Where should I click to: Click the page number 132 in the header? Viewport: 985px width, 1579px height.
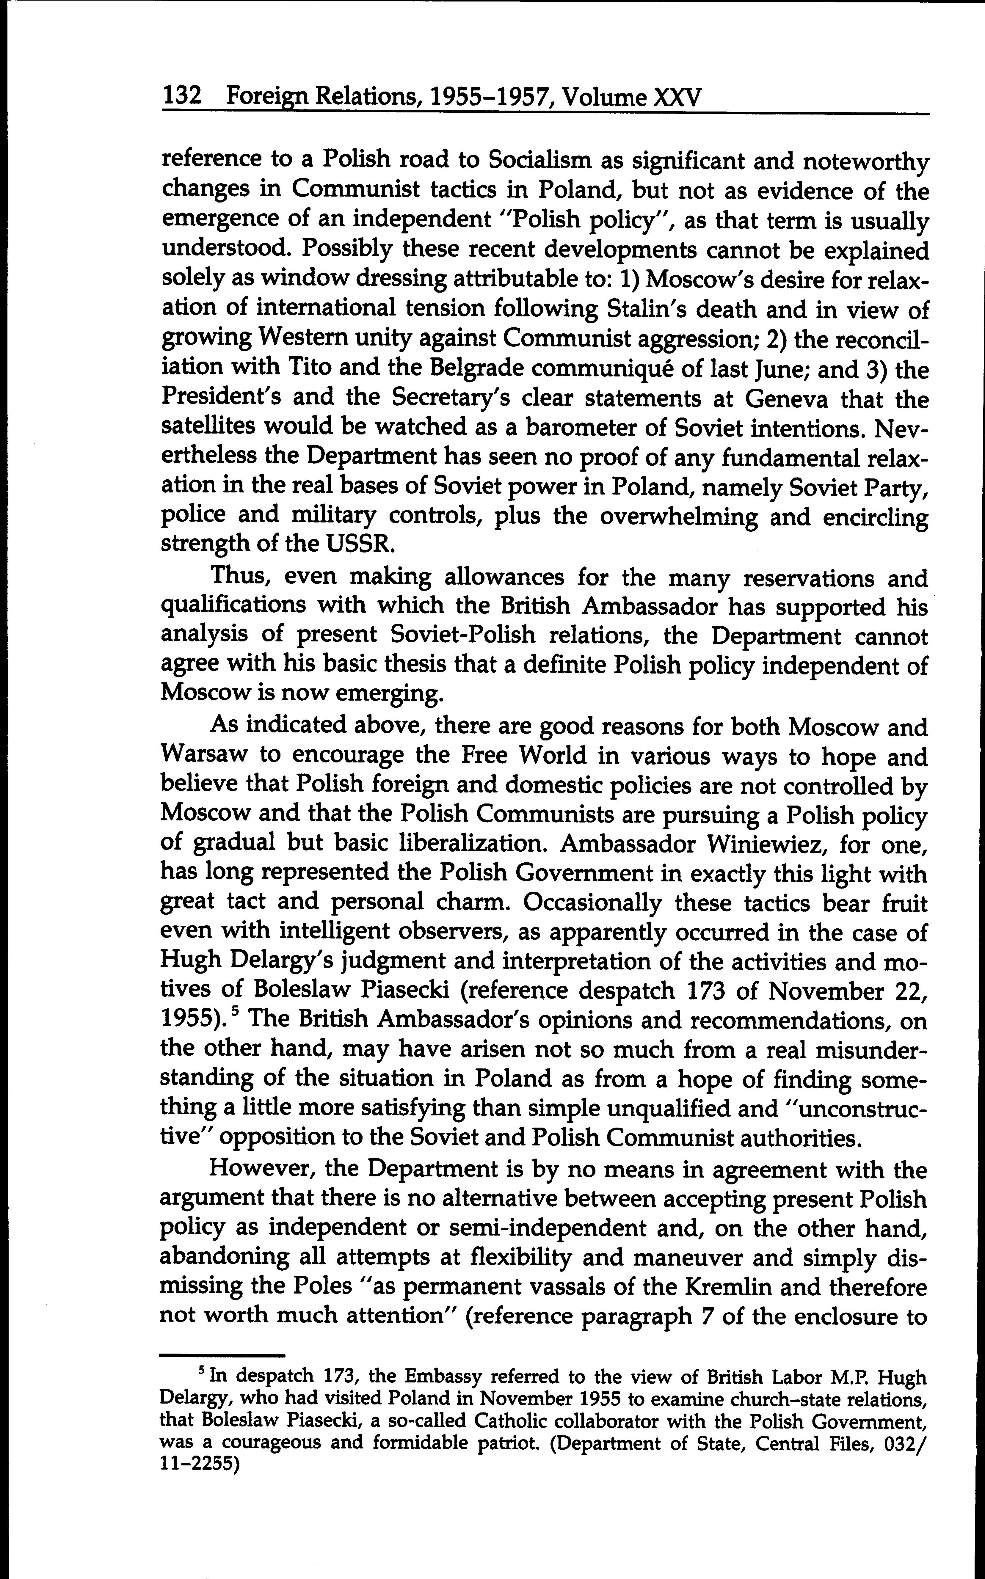pos(182,98)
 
